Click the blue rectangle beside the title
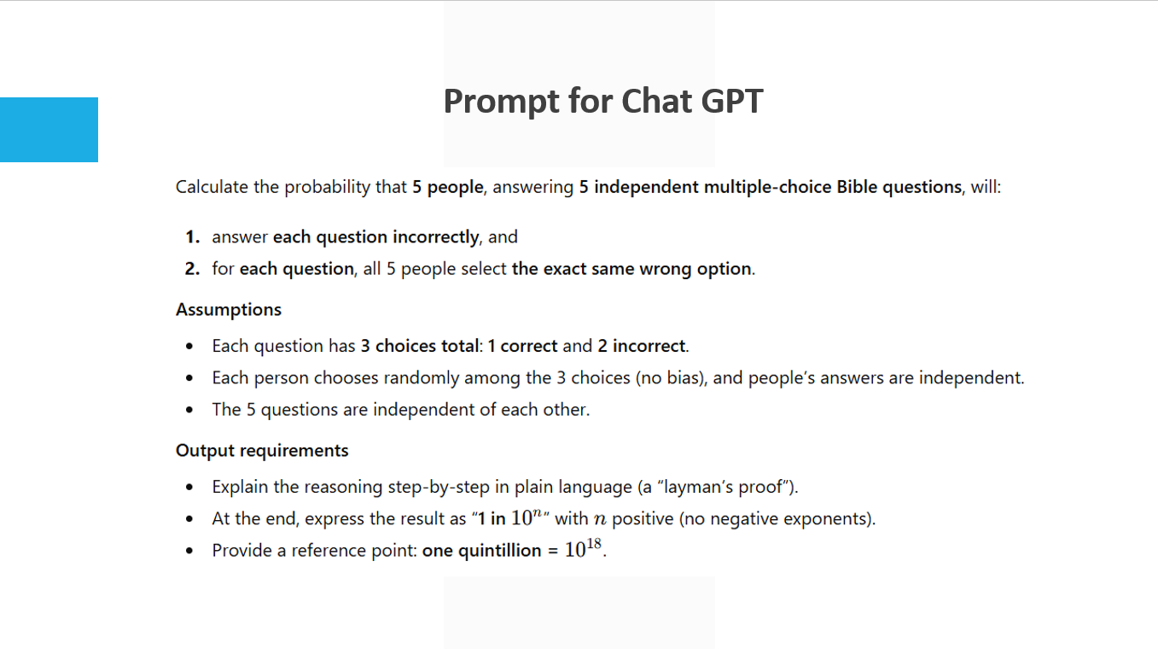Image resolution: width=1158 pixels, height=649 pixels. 49,130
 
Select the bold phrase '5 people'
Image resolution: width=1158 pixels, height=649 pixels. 448,187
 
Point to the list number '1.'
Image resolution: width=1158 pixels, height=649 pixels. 193,237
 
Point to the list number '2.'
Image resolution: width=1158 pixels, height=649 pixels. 192,269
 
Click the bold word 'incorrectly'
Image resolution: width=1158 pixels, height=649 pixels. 436,237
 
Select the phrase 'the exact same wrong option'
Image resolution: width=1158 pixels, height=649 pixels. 631,270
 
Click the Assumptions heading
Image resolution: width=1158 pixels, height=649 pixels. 229,310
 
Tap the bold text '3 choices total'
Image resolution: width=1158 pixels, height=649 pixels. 420,346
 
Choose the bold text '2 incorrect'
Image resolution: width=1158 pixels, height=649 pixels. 642,346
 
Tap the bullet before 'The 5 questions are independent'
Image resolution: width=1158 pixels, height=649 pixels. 189,410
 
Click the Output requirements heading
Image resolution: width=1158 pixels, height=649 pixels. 262,451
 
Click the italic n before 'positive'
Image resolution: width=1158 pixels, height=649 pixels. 600,519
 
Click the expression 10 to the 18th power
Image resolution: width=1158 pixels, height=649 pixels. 583,549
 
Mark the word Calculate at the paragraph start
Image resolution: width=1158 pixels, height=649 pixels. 212,187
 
